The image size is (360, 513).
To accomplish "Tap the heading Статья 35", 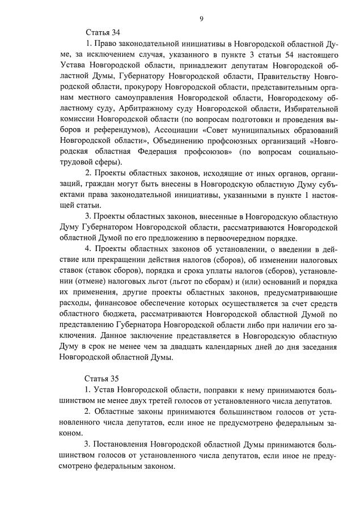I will click(103, 378).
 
